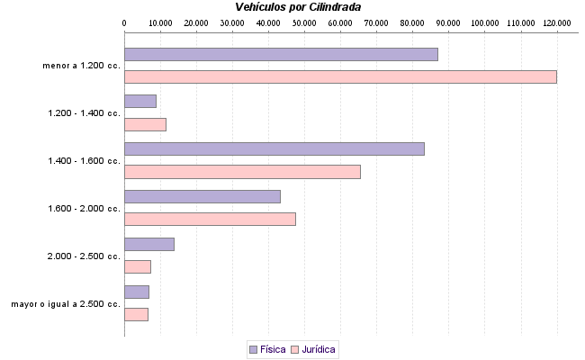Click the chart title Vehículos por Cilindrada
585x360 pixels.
[x=298, y=6]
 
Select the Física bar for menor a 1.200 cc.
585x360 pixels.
[x=281, y=54]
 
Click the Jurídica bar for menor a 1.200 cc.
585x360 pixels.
[x=340, y=76]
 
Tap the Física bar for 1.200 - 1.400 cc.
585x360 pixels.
[x=140, y=102]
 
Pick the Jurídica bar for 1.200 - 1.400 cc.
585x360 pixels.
[x=145, y=124]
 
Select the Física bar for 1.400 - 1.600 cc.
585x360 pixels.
[x=274, y=149]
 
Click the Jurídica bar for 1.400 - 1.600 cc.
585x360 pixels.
[x=242, y=172]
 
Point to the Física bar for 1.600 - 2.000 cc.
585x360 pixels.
[x=202, y=196]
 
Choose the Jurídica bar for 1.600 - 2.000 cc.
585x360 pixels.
[x=210, y=219]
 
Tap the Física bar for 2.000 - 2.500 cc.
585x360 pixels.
[x=149, y=244]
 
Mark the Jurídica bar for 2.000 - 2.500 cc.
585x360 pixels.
[x=138, y=266]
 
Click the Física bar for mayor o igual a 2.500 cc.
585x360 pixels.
[x=137, y=292]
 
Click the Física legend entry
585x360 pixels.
[x=266, y=349]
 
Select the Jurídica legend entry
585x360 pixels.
[x=313, y=349]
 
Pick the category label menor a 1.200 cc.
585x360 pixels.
[x=81, y=66]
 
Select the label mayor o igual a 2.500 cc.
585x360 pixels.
[x=66, y=303]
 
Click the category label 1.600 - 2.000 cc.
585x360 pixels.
[x=84, y=208]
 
